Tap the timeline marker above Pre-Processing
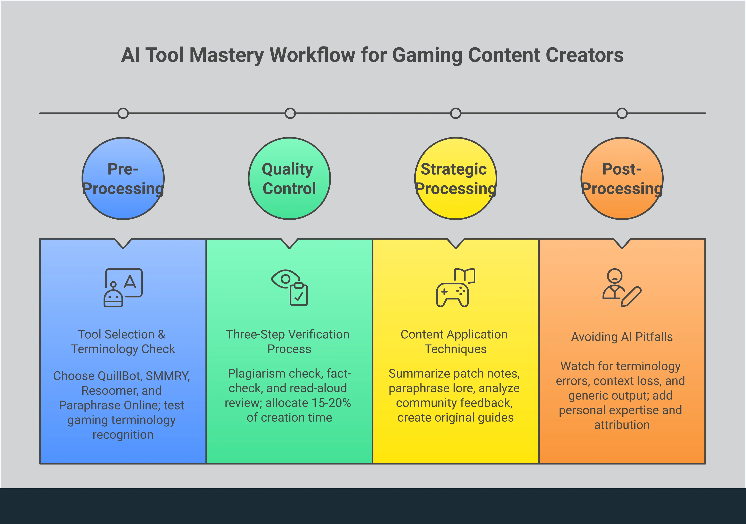[x=123, y=113]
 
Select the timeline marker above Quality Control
[x=290, y=113]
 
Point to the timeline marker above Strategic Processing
[x=456, y=113]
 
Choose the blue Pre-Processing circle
[x=123, y=208]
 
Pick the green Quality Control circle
[x=289, y=208]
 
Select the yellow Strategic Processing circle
[x=456, y=208]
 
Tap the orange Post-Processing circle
[x=622, y=208]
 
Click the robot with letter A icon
[x=123, y=287]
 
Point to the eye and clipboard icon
[x=289, y=287]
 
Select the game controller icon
[x=456, y=287]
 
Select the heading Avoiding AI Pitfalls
[x=622, y=337]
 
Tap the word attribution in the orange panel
[x=622, y=425]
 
